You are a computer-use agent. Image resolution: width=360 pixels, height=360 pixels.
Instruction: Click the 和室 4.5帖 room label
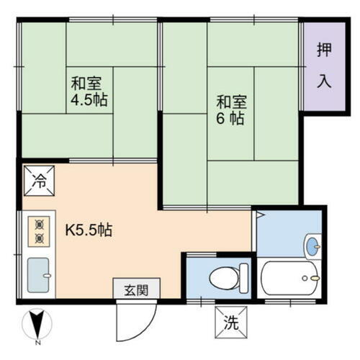89,91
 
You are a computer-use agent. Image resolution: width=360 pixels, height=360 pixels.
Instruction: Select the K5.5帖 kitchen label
89,232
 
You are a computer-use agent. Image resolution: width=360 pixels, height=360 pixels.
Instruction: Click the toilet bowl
226,275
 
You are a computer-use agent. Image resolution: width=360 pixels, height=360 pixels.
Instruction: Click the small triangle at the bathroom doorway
258,214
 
